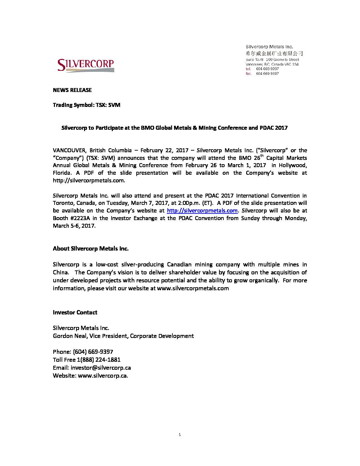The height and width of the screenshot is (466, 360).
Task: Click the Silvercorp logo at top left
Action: pyautogui.click(x=86, y=65)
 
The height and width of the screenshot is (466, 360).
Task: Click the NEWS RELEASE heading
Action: pyautogui.click(x=72, y=90)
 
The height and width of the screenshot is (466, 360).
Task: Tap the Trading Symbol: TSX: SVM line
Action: pyautogui.click(x=86, y=105)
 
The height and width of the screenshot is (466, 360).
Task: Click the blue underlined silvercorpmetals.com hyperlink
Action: pyautogui.click(x=202, y=210)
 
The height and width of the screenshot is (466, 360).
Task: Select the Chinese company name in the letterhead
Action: pyautogui.click(x=274, y=53)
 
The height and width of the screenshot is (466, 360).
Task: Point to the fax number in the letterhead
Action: pyautogui.click(x=267, y=73)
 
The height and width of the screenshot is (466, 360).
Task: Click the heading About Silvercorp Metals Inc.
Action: pyautogui.click(x=90, y=249)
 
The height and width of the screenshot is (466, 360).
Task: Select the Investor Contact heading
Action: pyautogui.click(x=75, y=312)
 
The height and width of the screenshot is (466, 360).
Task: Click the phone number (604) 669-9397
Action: pyautogui.click(x=93, y=352)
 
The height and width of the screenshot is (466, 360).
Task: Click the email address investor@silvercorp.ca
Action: pyautogui.click(x=101, y=368)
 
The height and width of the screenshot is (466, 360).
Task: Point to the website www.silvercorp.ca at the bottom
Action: pyautogui.click(x=103, y=376)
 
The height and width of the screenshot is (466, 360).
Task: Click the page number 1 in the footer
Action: pyautogui.click(x=180, y=435)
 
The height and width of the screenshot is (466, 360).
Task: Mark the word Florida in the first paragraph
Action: pyautogui.click(x=62, y=173)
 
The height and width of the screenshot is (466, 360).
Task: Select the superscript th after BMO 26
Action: pyautogui.click(x=261, y=156)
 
